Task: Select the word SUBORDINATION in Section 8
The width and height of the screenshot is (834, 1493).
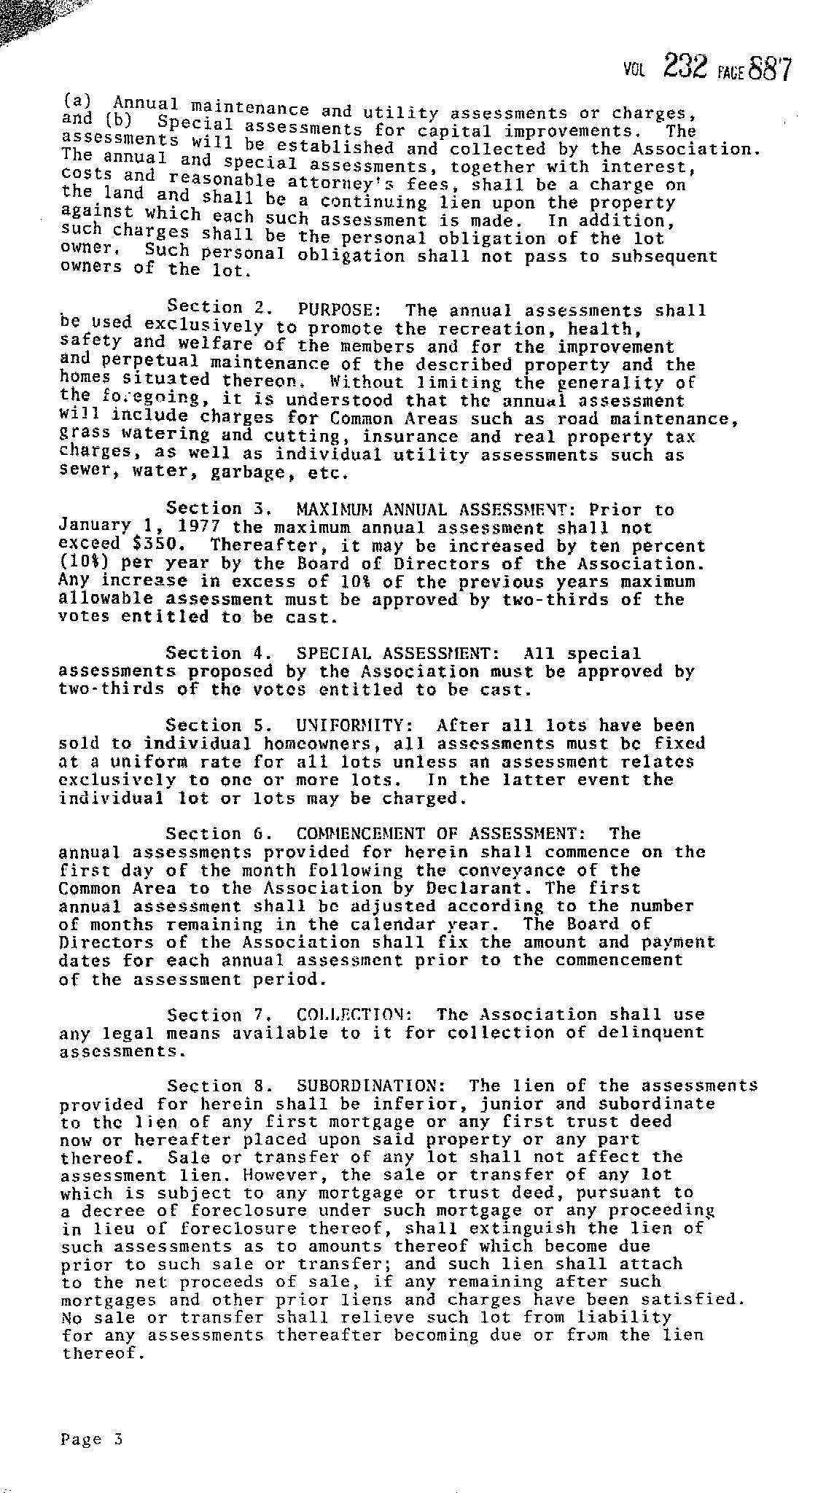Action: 366,1085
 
